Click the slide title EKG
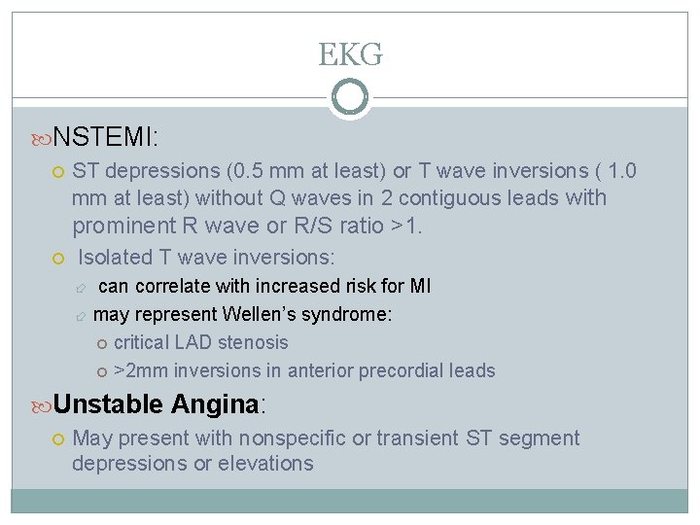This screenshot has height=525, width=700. (x=350, y=55)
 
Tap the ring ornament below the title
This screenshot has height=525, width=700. (x=350, y=97)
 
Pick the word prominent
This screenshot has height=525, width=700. (x=122, y=227)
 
